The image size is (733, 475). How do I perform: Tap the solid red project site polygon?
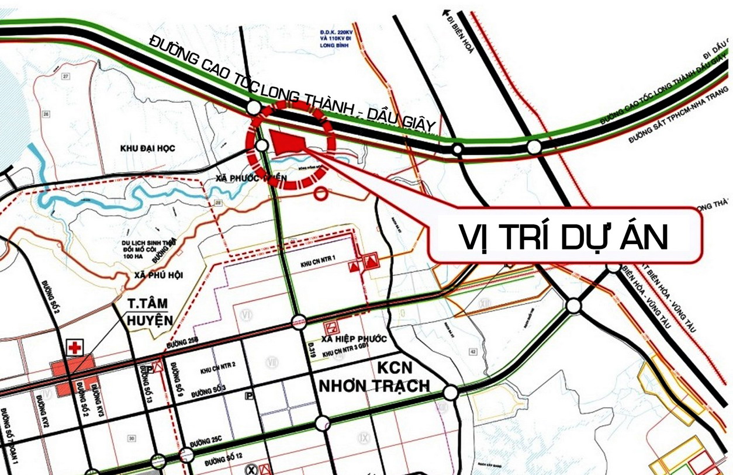(287, 142)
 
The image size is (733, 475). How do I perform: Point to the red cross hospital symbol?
(75, 347)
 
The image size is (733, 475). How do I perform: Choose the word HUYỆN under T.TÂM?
(151, 320)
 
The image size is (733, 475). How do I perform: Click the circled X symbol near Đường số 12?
(251, 469)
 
